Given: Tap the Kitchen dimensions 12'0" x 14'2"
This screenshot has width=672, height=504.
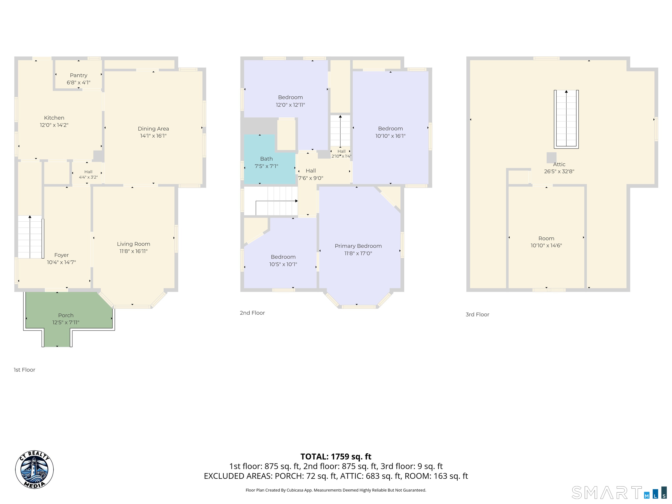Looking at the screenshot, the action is (54, 125).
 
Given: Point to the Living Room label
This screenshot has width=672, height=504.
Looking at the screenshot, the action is (134, 244).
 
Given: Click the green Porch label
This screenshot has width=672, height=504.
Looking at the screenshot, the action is (66, 315).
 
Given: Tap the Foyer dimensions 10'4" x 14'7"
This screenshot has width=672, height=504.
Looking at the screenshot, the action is (61, 262).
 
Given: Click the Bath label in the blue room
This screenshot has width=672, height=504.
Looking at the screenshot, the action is (266, 159).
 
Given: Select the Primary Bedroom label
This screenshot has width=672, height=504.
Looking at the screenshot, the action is (358, 246).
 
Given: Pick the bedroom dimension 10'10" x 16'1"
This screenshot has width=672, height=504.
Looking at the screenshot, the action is (390, 136).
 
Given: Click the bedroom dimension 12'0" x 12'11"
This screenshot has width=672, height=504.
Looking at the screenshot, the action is (290, 105).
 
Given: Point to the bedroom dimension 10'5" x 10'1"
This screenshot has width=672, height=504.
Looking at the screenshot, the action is (283, 264).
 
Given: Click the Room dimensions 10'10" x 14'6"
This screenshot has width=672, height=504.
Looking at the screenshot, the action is (546, 245).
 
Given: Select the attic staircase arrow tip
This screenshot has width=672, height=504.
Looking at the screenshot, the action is (566, 91).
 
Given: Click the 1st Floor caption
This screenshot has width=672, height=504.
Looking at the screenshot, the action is (24, 370).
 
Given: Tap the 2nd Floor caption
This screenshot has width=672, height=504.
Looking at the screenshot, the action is (252, 313).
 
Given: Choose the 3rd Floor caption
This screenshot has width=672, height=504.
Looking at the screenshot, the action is (477, 314).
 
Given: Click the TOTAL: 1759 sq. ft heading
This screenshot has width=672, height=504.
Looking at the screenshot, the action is (336, 457).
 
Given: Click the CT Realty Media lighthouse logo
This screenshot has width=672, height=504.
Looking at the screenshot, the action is (34, 470).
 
